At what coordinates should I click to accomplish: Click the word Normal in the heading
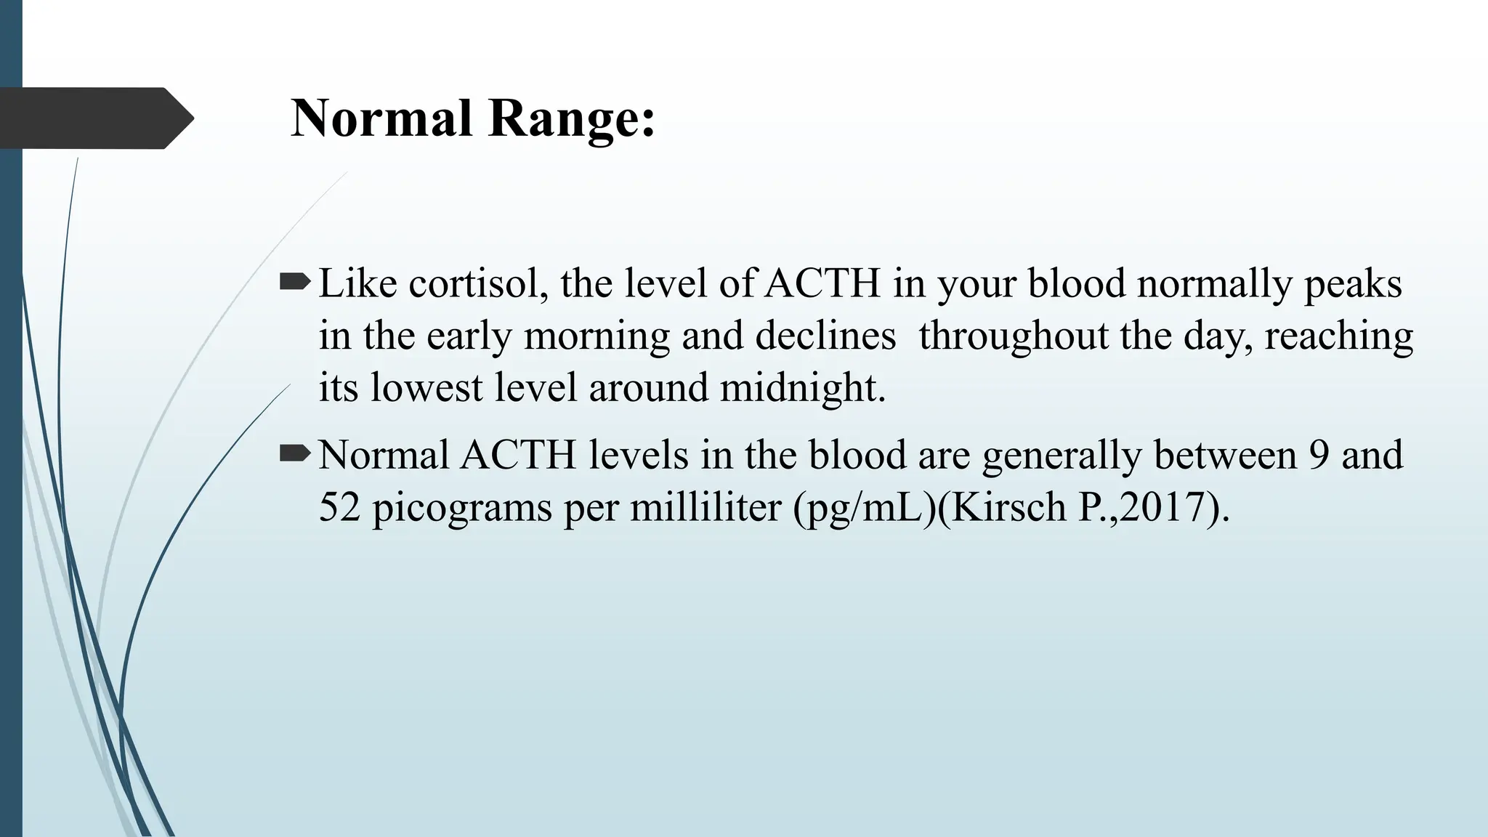click(x=381, y=118)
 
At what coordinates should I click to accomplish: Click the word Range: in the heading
click(x=572, y=118)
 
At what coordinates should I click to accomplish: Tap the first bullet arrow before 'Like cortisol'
click(x=294, y=281)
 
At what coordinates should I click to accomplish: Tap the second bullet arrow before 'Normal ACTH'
click(x=294, y=454)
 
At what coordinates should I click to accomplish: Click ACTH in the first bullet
click(x=822, y=283)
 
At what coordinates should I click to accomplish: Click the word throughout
click(x=1012, y=336)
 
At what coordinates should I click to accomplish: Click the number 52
click(x=339, y=507)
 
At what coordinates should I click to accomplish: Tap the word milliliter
click(x=705, y=507)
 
